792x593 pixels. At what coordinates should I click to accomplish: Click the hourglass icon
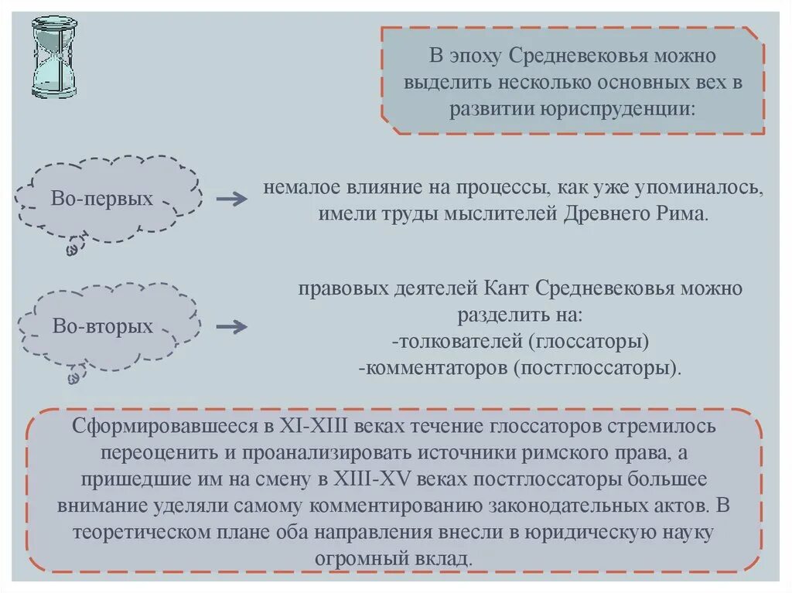tap(54, 59)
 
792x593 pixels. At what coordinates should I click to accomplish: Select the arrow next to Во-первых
tap(231, 199)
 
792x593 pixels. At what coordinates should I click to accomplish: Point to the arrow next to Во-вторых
tap(231, 327)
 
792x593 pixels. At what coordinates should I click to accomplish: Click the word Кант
tap(506, 290)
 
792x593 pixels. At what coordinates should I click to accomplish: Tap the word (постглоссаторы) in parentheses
tap(596, 367)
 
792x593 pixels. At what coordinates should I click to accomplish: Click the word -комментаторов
tap(432, 367)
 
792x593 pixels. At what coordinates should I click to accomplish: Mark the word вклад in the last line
tap(442, 558)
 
